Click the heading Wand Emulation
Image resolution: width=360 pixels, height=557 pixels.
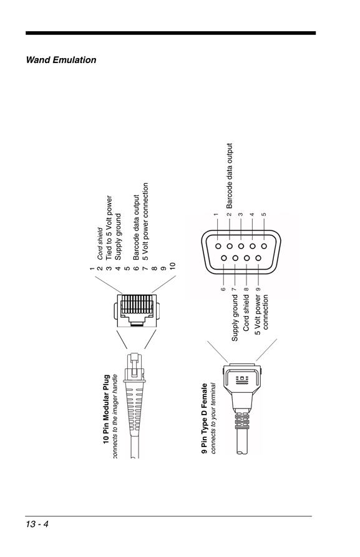pyautogui.click(x=61, y=60)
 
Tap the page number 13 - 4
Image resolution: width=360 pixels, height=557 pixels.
pyautogui.click(x=37, y=524)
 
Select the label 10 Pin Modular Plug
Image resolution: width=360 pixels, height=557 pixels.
pyautogui.click(x=106, y=409)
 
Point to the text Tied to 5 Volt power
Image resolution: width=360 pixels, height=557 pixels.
pyautogui.click(x=109, y=227)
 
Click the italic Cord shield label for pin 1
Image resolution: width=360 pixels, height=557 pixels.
pyautogui.click(x=100, y=244)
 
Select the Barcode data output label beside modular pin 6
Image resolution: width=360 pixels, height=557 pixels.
pyautogui.click(x=137, y=227)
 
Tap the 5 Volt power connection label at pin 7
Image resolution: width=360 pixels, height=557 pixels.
pyautogui.click(x=145, y=221)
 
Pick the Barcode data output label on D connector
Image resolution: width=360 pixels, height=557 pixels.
pyautogui.click(x=230, y=176)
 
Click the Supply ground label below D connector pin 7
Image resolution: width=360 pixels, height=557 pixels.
pyautogui.click(x=235, y=318)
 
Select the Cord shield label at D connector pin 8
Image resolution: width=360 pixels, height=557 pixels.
pyautogui.click(x=246, y=313)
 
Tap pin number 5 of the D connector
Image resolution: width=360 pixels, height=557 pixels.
pyautogui.click(x=264, y=215)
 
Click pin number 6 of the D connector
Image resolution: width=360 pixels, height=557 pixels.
pyautogui.click(x=223, y=289)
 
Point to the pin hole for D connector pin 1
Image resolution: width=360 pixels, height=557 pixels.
pyautogui.click(x=218, y=246)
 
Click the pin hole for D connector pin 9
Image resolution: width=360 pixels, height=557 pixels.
pyautogui.click(x=258, y=259)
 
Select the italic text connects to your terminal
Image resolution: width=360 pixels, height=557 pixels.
pyautogui.click(x=213, y=418)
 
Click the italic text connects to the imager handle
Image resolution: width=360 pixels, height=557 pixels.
pyautogui.click(x=115, y=416)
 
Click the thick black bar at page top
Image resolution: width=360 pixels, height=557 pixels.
pyautogui.click(x=170, y=33)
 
